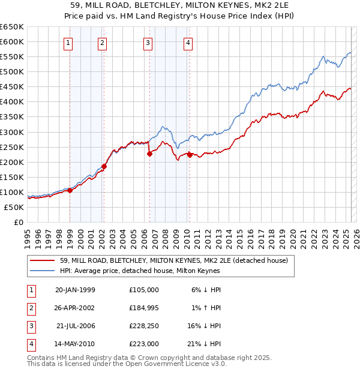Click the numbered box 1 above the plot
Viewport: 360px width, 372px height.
click(x=68, y=43)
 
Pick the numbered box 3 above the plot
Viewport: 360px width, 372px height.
click(x=148, y=43)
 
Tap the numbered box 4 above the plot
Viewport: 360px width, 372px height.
click(x=188, y=43)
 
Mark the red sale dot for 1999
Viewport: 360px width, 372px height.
click(x=70, y=190)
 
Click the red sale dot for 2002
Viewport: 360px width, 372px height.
click(x=104, y=166)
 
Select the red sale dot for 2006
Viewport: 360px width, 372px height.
click(x=149, y=153)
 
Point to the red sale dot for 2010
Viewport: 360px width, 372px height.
click(x=190, y=155)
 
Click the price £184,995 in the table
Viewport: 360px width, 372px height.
click(x=143, y=308)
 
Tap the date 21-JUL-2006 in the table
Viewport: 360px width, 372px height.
click(x=75, y=326)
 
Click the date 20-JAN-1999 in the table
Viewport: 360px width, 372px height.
click(x=75, y=290)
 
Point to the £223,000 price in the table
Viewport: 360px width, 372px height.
click(x=143, y=344)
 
